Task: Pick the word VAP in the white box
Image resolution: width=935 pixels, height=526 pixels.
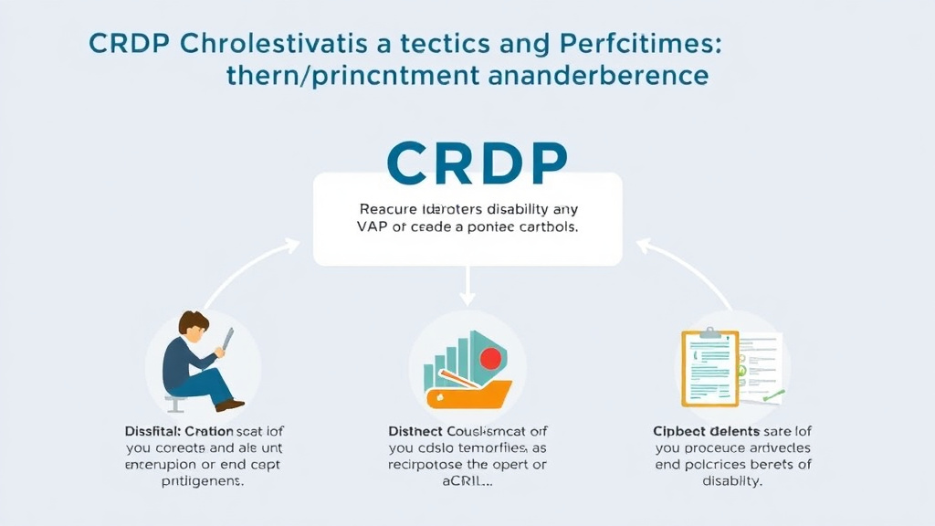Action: click(374, 227)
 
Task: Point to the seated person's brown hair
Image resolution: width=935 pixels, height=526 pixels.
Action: click(194, 324)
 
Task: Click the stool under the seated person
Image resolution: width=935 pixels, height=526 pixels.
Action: click(172, 403)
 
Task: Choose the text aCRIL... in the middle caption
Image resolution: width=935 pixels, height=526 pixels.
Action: click(467, 482)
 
